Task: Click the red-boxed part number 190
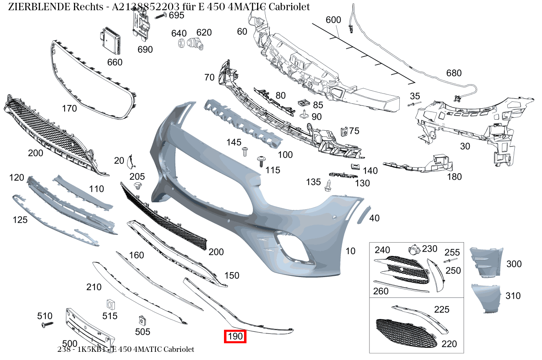(235, 336)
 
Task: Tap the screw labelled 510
(47, 324)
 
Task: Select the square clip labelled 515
(111, 304)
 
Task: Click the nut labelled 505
(142, 320)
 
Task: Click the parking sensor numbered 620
(195, 44)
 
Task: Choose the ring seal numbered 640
(181, 43)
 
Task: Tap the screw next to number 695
(161, 16)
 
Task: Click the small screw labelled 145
(245, 152)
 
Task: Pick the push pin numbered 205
(138, 186)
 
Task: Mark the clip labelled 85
(304, 103)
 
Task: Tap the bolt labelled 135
(328, 186)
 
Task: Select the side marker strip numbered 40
(364, 215)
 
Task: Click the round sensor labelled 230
(414, 250)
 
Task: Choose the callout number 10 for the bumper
(350, 251)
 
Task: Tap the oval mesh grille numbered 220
(406, 333)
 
